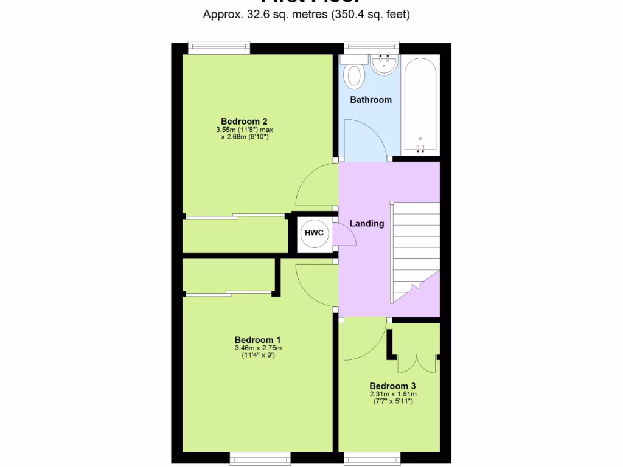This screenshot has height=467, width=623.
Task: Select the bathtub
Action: click(x=420, y=105)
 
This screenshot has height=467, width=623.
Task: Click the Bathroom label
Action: click(x=371, y=99)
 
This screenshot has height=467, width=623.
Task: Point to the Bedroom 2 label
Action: click(x=244, y=121)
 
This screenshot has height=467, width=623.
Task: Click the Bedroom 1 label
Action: click(x=258, y=339)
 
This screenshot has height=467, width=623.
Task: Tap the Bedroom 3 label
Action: click(x=392, y=386)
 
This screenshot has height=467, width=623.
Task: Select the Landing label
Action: click(x=367, y=223)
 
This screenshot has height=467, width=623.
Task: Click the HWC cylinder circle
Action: click(x=314, y=233)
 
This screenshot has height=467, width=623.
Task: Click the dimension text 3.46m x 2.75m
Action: click(x=258, y=348)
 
